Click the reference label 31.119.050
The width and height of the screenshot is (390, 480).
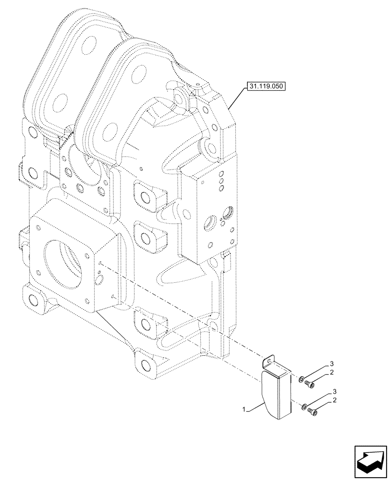[265, 87]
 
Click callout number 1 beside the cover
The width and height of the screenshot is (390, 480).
[245, 409]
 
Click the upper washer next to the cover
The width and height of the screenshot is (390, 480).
[300, 380]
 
